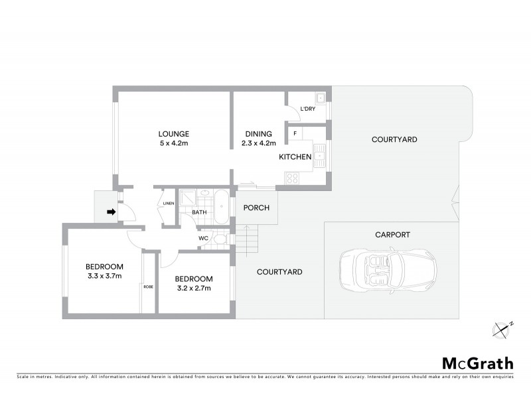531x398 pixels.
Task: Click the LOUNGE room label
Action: pos(173,133)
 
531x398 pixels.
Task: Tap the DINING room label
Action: pos(258,133)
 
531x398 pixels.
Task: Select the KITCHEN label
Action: pos(295,157)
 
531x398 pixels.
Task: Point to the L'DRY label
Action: pos(307,109)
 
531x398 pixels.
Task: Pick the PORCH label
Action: pos(256,208)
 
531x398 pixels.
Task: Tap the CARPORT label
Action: pos(392,235)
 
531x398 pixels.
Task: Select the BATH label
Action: pos(200,212)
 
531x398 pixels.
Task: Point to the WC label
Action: pos(204,239)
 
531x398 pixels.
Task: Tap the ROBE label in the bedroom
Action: pos(148,287)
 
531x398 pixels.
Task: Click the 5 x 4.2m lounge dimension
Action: pos(173,143)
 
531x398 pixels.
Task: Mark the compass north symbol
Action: pos(504,328)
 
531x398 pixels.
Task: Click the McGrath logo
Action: pos(478,363)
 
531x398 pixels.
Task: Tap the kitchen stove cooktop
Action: pos(291,178)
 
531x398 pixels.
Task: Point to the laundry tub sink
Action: pos(321,98)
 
